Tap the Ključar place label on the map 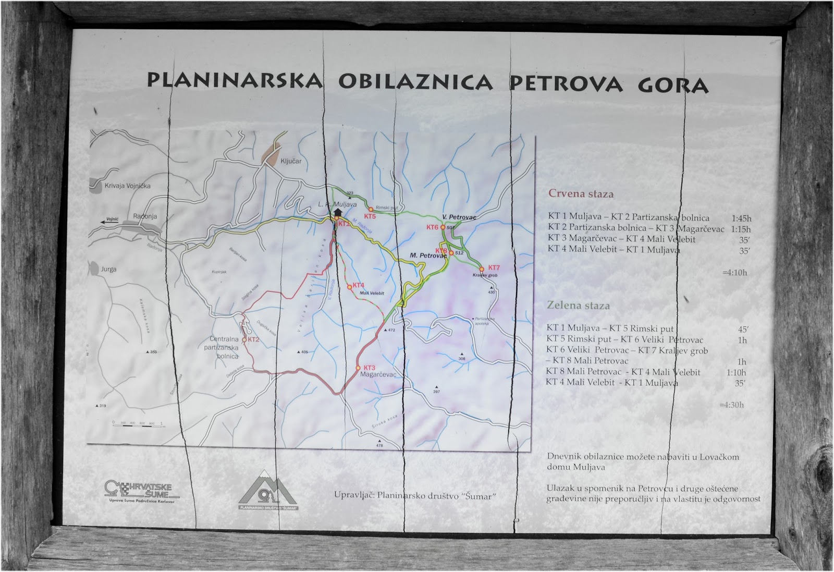pos(291,161)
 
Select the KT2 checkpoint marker pos(244,339)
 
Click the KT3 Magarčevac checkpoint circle pos(358,368)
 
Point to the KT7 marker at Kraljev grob pos(482,269)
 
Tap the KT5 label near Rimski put pos(370,215)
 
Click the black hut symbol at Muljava pos(338,212)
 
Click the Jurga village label pos(108,269)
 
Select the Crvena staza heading pos(581,194)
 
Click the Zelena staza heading pos(578,306)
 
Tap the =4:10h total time pos(734,272)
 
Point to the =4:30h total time pos(731,405)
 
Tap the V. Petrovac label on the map pos(459,217)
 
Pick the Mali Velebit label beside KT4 pos(372,293)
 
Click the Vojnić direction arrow pos(108,221)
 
